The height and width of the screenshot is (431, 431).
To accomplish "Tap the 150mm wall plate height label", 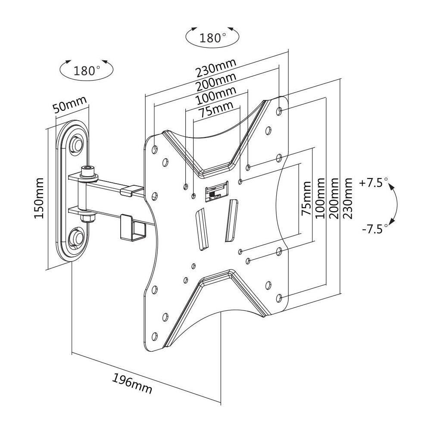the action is click(39, 198).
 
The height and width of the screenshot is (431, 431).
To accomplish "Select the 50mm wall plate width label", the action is click(69, 104).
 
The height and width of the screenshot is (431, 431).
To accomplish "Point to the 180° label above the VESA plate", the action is click(212, 38).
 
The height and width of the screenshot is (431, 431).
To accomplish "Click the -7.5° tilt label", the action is click(375, 228).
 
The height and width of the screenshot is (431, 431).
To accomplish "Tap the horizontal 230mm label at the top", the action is click(216, 68).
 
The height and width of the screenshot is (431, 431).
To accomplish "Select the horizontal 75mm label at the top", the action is click(216, 109).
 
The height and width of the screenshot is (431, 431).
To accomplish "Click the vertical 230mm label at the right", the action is click(347, 198).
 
